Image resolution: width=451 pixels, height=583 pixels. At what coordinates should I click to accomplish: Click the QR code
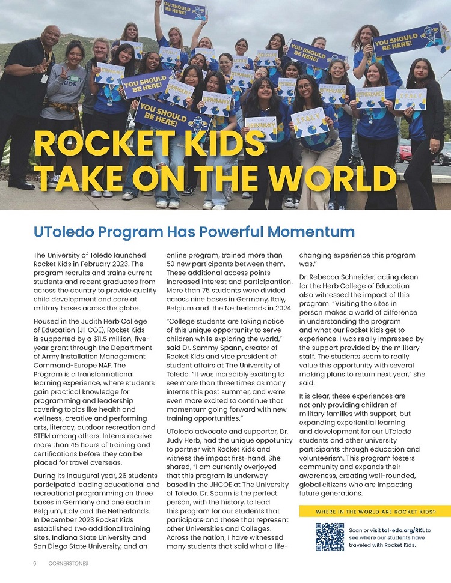[x=330, y=536]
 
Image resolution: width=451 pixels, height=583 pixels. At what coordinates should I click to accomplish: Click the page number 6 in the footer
[x=35, y=564]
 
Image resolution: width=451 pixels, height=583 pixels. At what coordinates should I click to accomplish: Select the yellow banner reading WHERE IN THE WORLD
[x=375, y=512]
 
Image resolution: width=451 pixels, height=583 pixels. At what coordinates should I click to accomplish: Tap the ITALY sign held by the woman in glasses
[x=308, y=122]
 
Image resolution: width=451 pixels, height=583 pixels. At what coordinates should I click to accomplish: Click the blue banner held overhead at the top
[x=185, y=10]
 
